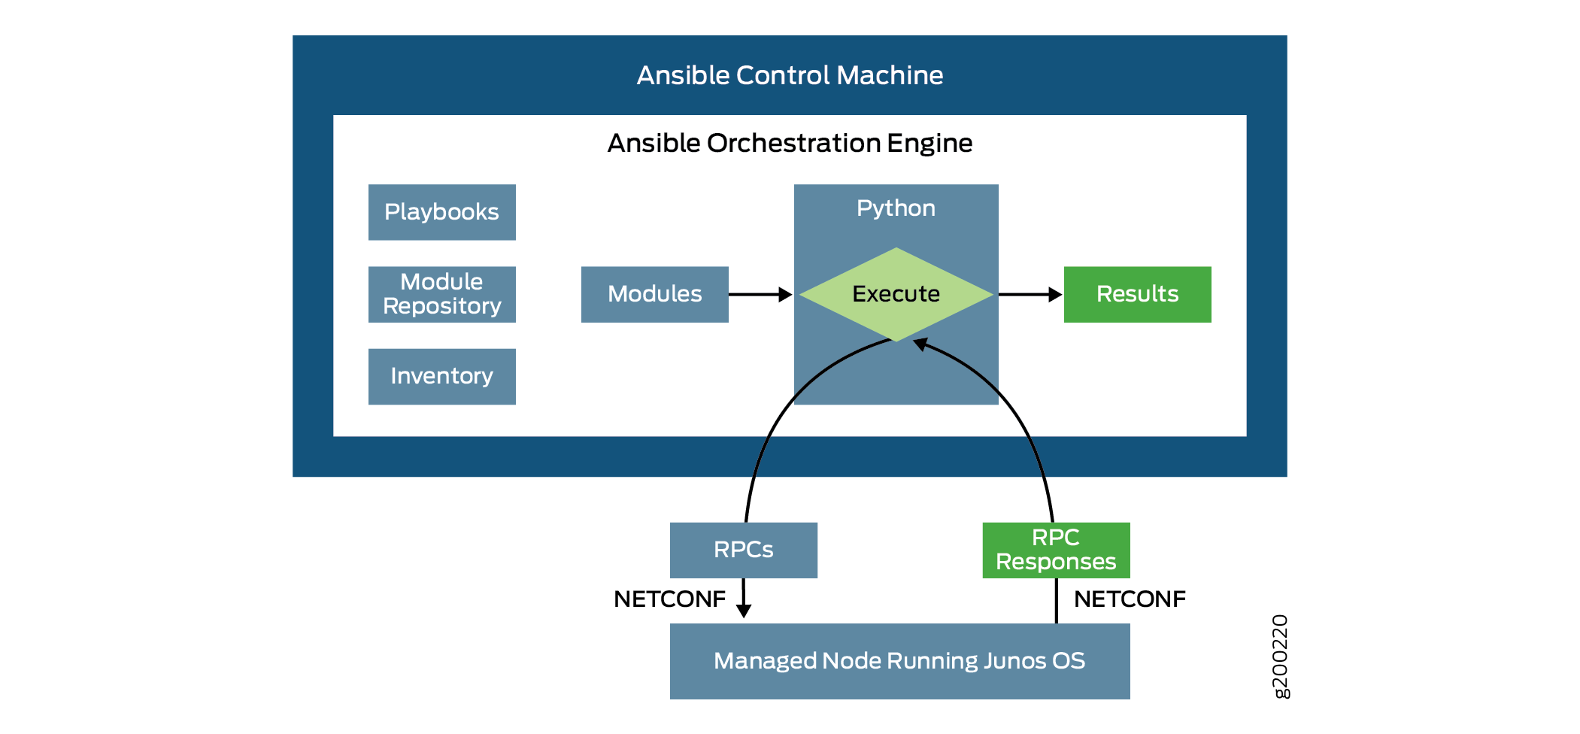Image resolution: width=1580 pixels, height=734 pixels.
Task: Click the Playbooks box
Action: click(441, 212)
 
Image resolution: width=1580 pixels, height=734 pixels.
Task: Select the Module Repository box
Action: click(441, 294)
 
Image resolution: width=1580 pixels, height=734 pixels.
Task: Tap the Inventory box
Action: click(441, 376)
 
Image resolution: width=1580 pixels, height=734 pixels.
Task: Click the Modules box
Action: click(654, 294)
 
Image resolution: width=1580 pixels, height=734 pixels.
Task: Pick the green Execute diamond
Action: click(896, 294)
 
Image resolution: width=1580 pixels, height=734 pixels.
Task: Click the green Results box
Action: click(1137, 294)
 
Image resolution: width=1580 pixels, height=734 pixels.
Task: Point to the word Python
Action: click(896, 208)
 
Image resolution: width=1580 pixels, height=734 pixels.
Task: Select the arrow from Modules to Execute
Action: click(760, 294)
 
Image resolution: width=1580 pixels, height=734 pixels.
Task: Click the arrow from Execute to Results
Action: click(1029, 294)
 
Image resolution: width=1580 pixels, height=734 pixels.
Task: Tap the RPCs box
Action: click(743, 550)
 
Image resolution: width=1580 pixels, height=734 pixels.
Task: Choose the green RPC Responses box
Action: click(1056, 550)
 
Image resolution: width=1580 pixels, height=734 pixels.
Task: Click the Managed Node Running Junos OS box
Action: click(899, 661)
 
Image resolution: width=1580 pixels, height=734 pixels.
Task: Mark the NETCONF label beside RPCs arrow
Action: click(669, 599)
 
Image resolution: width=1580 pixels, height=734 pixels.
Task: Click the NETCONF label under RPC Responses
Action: click(1130, 599)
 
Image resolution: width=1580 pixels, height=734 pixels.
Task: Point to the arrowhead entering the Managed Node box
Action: click(744, 611)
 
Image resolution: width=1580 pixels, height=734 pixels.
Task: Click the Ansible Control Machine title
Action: click(790, 75)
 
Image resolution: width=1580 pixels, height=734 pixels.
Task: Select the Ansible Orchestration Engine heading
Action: click(790, 143)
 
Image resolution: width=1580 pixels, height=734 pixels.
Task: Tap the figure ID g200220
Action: click(1280, 656)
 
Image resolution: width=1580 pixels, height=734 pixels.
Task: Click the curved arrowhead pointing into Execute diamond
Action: click(920, 344)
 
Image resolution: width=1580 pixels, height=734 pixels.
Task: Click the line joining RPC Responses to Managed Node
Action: click(1056, 600)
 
